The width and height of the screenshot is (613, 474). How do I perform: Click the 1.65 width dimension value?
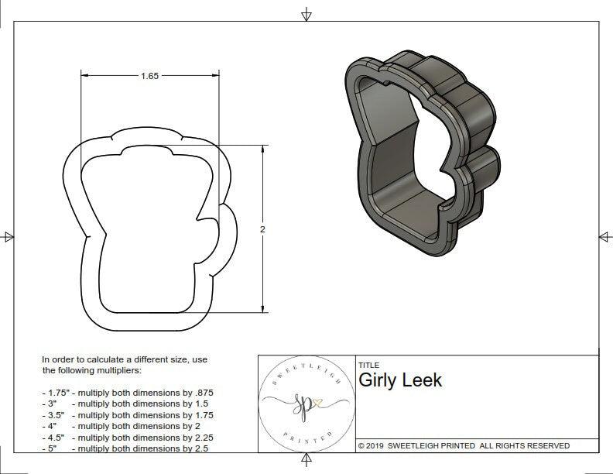pyautogui.click(x=150, y=76)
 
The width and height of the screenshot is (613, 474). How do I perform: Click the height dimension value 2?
pyautogui.click(x=262, y=230)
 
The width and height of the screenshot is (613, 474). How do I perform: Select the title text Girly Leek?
pyautogui.click(x=400, y=380)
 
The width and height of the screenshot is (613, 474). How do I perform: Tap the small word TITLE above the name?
pyautogui.click(x=368, y=365)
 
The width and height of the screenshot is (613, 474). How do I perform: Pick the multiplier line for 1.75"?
pyautogui.click(x=128, y=393)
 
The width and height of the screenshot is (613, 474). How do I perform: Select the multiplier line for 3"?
pyautogui.click(x=125, y=404)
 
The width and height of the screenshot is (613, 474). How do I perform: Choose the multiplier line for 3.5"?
pyautogui.click(x=128, y=414)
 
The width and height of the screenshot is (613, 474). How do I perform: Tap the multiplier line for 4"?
pyautogui.click(x=122, y=425)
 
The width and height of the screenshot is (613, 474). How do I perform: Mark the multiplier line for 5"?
pyautogui.click(x=125, y=448)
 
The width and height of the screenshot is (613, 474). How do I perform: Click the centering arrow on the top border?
pyautogui.click(x=306, y=14)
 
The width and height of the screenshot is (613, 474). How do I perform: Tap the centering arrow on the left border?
pyautogui.click(x=9, y=236)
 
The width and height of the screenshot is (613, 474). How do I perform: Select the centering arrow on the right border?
pyautogui.click(x=604, y=236)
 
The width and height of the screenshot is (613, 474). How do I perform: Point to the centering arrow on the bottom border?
pyautogui.click(x=306, y=461)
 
